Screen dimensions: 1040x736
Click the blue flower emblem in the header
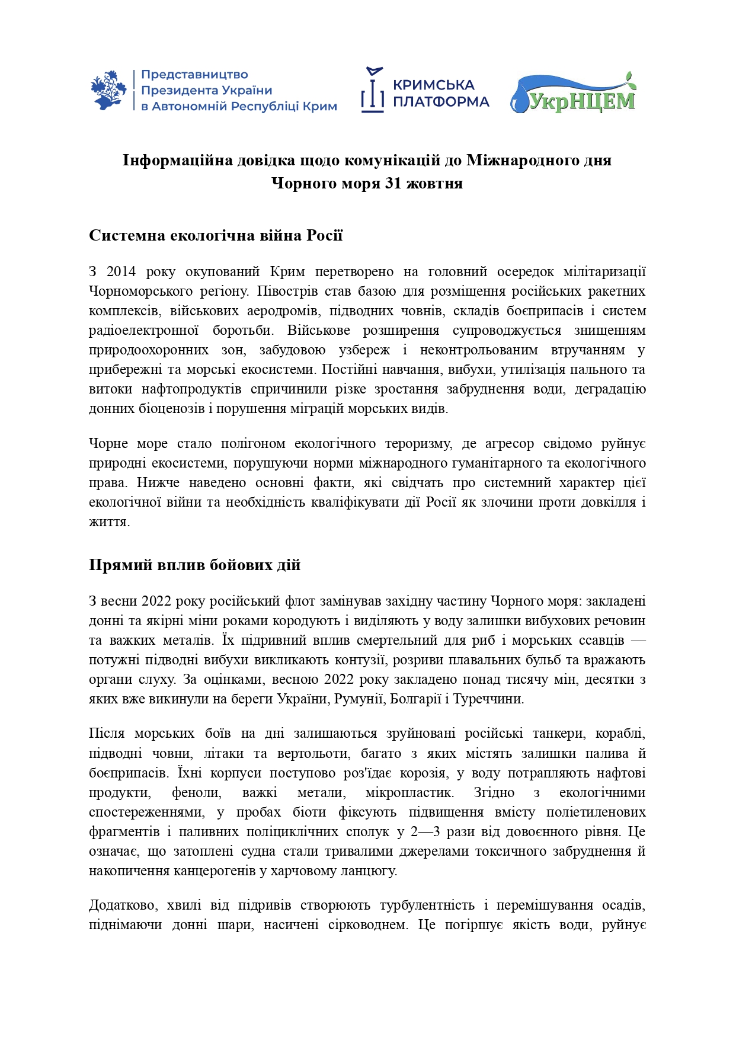(108, 90)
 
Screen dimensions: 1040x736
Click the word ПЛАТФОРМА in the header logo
(441, 102)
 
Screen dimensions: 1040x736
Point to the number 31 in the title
(394, 183)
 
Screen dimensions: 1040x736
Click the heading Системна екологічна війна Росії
(216, 235)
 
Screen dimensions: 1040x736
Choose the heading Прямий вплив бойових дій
(194, 565)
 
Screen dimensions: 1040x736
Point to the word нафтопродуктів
(191, 389)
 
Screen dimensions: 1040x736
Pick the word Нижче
(158, 482)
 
